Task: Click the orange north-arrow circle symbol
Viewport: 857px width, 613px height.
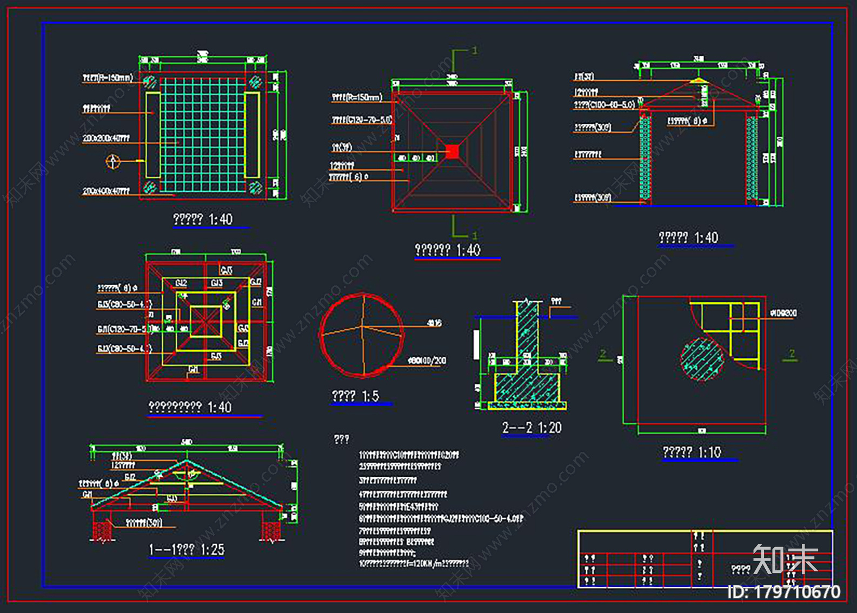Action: tap(113, 161)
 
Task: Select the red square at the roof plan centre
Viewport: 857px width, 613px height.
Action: tap(453, 151)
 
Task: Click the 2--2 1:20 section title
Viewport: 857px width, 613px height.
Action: tap(532, 428)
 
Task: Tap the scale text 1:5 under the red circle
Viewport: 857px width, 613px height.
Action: tap(370, 396)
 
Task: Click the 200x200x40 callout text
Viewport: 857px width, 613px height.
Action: tap(106, 138)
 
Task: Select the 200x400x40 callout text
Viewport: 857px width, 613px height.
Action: tap(106, 191)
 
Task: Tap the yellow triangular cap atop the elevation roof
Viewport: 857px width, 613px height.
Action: tap(699, 81)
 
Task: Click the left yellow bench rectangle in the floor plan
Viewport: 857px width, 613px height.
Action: tap(153, 135)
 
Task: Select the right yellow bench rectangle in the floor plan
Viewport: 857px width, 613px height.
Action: tap(252, 135)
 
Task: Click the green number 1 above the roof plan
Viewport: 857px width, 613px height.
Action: tap(475, 50)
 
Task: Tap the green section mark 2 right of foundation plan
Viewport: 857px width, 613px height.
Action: tap(792, 354)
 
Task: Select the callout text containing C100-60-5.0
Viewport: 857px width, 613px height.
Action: tap(604, 104)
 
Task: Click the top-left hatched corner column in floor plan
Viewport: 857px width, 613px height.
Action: tap(150, 82)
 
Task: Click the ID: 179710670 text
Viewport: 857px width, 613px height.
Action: tap(784, 592)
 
